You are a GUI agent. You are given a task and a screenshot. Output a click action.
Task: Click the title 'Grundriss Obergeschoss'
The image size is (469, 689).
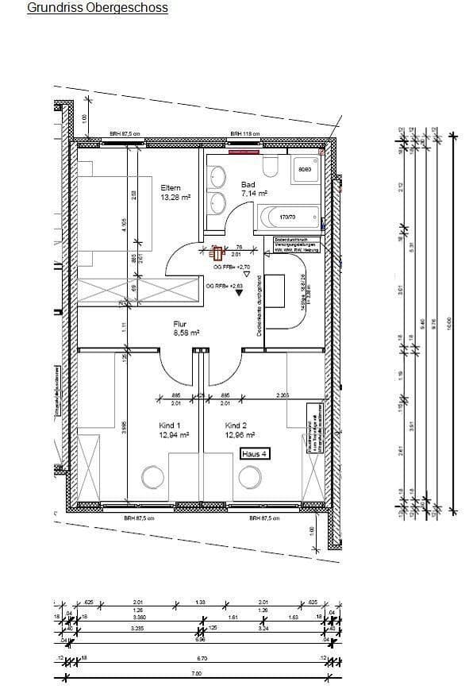pyautogui.click(x=98, y=9)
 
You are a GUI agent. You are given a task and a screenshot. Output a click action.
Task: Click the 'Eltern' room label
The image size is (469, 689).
pyautogui.click(x=171, y=188)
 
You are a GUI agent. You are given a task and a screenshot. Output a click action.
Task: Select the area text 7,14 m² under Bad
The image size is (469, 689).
pyautogui.click(x=254, y=193)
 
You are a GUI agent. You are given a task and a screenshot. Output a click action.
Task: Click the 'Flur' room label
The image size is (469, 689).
pyautogui.click(x=180, y=323)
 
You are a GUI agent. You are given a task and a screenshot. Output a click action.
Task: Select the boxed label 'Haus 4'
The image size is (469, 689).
pyautogui.click(x=256, y=453)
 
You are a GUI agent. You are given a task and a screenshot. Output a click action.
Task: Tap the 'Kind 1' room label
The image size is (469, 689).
pyautogui.click(x=170, y=425)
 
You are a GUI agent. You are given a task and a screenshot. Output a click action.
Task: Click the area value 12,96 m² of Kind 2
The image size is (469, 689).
pyautogui.click(x=239, y=435)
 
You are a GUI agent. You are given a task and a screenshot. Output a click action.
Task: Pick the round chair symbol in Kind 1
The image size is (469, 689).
pyautogui.click(x=152, y=477)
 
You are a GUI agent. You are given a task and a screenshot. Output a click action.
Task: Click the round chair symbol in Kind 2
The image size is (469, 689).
pyautogui.click(x=249, y=477)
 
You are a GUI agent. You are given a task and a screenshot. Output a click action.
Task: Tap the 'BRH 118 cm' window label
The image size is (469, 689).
pyautogui.click(x=244, y=134)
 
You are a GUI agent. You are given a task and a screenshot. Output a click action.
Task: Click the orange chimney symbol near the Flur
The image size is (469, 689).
pyautogui.click(x=216, y=255)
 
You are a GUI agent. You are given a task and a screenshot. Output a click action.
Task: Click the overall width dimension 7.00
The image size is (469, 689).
pyautogui.click(x=197, y=673)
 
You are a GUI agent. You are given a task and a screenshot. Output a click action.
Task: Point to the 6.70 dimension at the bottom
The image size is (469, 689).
pyautogui.click(x=201, y=658)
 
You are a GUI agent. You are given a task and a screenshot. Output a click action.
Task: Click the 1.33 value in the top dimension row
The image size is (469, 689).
pyautogui.click(x=200, y=602)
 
